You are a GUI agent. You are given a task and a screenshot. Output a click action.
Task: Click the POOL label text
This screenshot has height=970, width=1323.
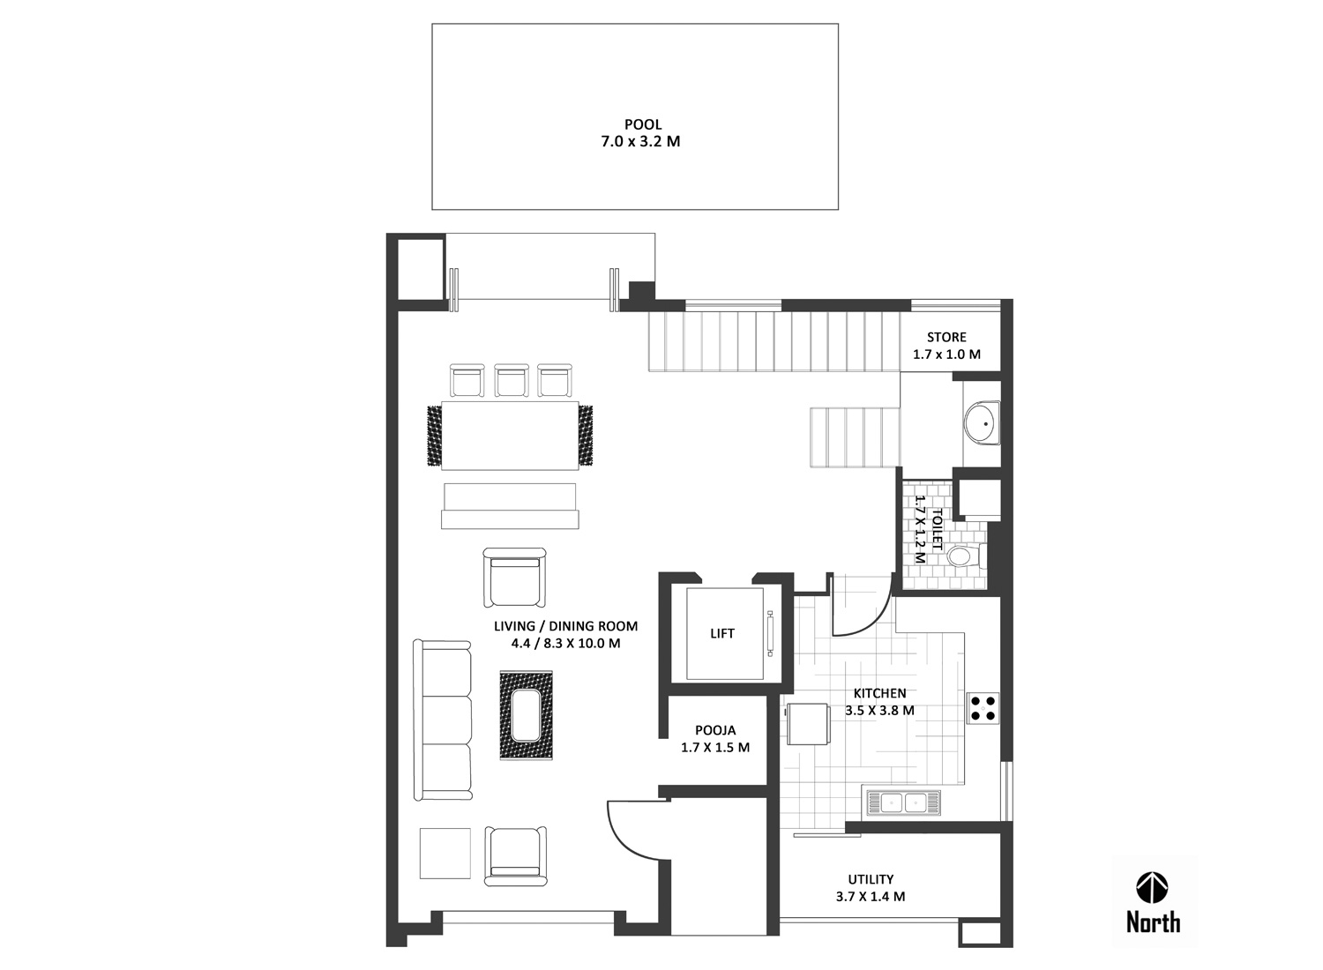643,124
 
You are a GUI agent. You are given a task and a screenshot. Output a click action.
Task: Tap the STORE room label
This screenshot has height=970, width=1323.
946,337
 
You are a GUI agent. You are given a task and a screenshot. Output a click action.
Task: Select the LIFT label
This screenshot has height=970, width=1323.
721,633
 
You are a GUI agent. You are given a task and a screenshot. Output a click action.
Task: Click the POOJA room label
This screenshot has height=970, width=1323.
715,730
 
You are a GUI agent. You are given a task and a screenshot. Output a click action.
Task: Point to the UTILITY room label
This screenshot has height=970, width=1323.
871,879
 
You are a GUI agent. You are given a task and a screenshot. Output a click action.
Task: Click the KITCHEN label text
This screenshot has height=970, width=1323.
879,693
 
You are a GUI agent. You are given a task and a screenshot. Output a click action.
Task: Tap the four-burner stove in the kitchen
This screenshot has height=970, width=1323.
983,708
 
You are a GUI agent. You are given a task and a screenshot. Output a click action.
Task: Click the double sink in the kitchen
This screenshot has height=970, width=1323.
904,803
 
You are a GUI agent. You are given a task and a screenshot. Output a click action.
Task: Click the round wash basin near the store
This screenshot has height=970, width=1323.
983,423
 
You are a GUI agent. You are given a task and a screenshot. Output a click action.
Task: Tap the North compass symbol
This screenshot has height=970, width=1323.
1152,887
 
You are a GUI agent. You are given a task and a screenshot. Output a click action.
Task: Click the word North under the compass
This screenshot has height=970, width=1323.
1153,922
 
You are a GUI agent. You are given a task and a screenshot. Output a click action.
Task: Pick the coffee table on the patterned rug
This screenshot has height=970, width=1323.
527,715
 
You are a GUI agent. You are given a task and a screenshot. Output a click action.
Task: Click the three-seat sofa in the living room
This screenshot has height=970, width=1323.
443,720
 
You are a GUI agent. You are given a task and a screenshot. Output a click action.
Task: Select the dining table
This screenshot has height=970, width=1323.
510,436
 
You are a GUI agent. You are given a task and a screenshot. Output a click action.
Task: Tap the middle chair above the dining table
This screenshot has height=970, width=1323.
512,380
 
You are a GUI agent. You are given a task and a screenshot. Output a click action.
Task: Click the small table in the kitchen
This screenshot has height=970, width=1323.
808,724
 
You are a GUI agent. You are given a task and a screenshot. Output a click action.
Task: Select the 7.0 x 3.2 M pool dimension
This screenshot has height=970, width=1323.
641,142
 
